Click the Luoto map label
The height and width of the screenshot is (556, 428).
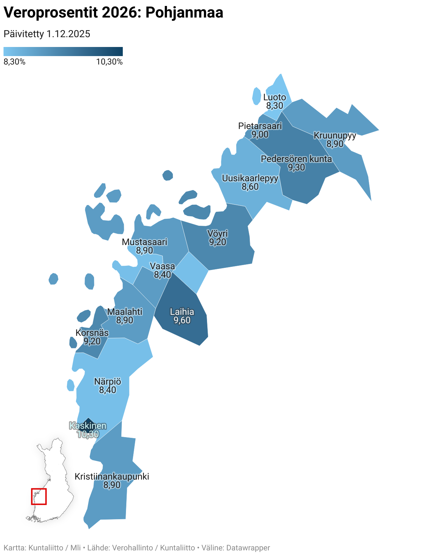pos(275,97)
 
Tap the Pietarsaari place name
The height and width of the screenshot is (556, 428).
pos(260,126)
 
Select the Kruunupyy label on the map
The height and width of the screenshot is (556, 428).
pos(335,136)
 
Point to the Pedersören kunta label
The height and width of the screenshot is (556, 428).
pos(296,159)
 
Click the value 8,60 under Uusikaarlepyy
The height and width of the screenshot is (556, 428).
pos(250,187)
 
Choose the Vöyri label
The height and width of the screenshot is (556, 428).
pos(218,233)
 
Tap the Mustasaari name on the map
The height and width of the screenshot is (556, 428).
pos(145,242)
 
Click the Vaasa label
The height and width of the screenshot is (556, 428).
pos(162,266)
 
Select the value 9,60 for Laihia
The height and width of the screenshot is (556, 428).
pos(182,320)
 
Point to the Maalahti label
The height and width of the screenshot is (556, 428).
pos(125,312)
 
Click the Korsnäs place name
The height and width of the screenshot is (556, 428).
pos(92,333)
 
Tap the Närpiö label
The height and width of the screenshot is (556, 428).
pos(108,381)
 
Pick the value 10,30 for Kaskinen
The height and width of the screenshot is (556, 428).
pos(88,435)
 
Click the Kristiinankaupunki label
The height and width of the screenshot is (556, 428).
pos(112,476)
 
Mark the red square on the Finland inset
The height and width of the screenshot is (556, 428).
pos(39,496)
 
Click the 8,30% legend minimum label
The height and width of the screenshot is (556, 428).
pos(14,62)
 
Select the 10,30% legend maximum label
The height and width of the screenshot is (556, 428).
pos(109,62)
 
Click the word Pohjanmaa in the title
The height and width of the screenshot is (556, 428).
pos(184,13)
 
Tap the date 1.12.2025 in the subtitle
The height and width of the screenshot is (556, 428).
pos(68,34)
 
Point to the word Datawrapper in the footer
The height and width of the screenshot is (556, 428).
pos(248,548)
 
